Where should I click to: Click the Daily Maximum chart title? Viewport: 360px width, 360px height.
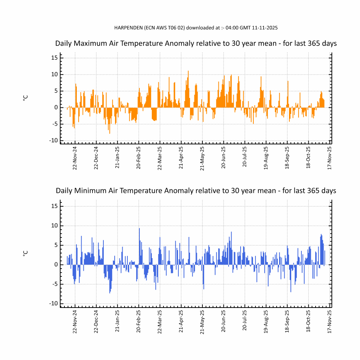[196, 43]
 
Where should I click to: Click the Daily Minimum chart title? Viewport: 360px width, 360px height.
[196, 190]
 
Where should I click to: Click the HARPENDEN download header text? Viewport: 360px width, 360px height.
[196, 27]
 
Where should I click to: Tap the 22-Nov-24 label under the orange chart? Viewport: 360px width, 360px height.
[75, 158]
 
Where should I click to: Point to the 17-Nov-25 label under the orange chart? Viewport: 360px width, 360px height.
[329, 158]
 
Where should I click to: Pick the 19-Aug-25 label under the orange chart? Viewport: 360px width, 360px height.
[266, 158]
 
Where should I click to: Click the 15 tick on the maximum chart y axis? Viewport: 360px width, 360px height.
[54, 58]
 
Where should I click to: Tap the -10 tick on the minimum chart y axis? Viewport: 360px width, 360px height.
[53, 304]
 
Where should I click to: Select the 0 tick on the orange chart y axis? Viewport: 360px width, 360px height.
[55, 107]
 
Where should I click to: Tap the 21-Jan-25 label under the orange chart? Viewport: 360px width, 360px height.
[118, 158]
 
